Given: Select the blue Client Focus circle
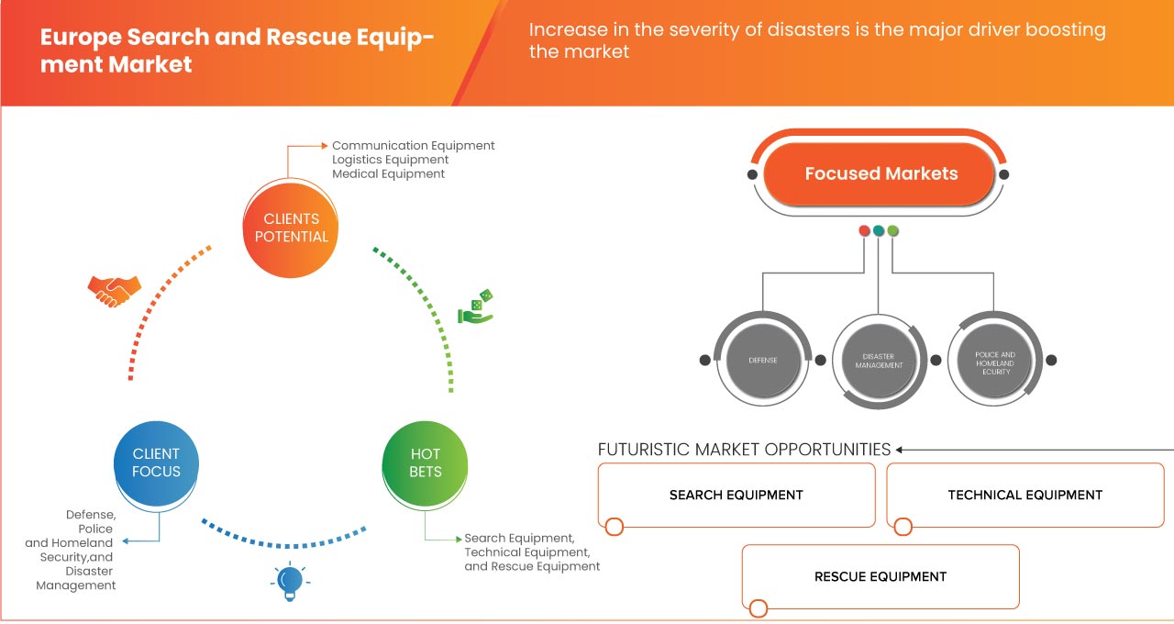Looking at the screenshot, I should click(156, 462).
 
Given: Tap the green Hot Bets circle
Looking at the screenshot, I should click(425, 462).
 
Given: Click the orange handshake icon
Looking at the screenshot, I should click(115, 291).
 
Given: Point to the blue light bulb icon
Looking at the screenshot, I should click(290, 581).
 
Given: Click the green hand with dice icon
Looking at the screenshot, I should click(477, 308).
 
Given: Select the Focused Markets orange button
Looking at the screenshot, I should click(880, 173).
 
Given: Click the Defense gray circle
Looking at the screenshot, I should click(762, 360).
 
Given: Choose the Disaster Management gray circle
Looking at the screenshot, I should click(879, 360).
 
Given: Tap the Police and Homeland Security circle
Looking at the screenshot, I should click(995, 360).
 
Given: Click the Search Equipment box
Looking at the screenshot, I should click(737, 496).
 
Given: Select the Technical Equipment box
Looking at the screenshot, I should click(1024, 496).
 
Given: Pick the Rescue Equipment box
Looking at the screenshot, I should click(880, 577).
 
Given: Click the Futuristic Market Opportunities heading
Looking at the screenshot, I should click(744, 450).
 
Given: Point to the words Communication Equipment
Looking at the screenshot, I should click(413, 146).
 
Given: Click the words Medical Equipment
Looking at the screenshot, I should click(388, 173).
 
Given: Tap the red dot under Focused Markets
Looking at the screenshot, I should click(864, 230).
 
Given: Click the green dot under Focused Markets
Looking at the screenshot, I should click(893, 230).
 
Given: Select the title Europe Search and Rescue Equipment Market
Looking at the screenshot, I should click(237, 51).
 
